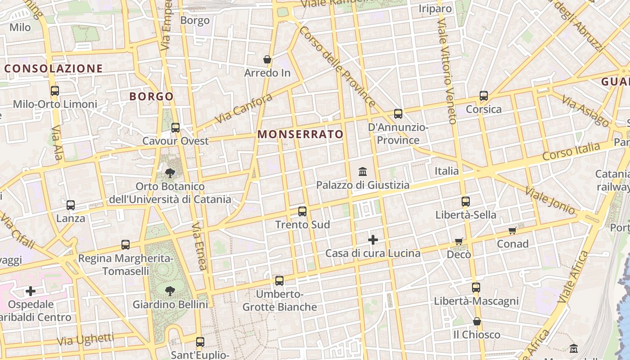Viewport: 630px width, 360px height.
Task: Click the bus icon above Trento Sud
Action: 302,211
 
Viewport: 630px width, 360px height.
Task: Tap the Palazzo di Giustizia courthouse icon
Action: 363,171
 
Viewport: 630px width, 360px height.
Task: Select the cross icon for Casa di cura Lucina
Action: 373,240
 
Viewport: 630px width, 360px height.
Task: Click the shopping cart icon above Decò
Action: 459,241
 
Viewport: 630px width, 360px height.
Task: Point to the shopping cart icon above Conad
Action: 512,231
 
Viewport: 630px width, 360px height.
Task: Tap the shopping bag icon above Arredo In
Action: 267,59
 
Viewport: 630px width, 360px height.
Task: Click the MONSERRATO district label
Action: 300,134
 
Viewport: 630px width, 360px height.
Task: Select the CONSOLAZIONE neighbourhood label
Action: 54,68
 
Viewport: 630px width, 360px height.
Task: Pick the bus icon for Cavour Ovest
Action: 175,128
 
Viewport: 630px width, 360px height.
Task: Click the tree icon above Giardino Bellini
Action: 170,291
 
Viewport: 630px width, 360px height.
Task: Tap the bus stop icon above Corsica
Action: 484,96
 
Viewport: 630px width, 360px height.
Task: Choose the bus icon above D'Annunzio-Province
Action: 398,114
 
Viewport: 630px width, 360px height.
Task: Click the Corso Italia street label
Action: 571,152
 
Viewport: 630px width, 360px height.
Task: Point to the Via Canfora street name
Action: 244,108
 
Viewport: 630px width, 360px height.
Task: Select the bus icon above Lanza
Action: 71,205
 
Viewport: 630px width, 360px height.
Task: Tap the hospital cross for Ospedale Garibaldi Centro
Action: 31,291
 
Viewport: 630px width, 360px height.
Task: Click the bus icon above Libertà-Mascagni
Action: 476,288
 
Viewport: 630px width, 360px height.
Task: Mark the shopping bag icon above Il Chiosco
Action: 477,321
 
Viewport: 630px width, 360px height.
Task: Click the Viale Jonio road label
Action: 550,201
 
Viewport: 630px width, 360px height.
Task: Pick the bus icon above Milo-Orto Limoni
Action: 55,91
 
